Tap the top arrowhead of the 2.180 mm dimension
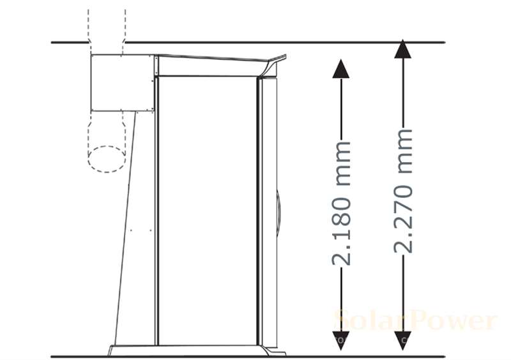coord(341,68)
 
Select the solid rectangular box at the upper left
coord(121,82)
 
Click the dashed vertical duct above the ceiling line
coord(107,26)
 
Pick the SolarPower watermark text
coord(415,320)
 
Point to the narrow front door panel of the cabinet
coord(268,211)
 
